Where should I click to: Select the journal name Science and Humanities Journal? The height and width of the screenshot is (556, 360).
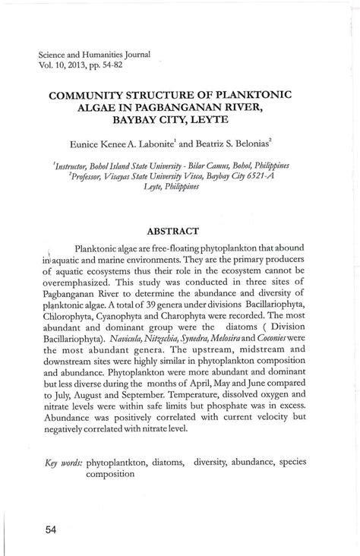(x=94, y=55)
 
